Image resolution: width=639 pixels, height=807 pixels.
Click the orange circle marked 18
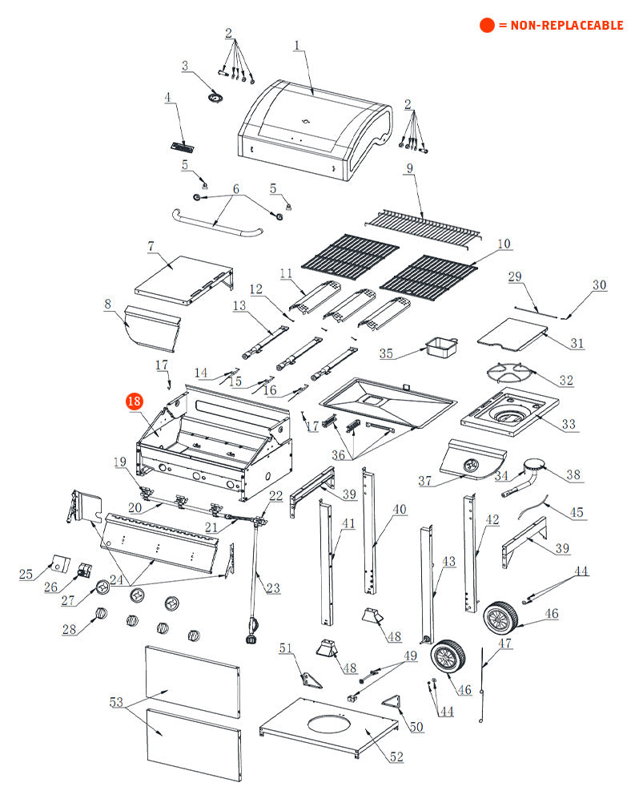[134, 401]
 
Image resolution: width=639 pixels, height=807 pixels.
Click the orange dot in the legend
[487, 25]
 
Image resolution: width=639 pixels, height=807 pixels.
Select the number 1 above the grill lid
[296, 45]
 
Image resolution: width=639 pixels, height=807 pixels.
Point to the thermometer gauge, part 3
[215, 97]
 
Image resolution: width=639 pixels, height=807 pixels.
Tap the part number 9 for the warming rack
[409, 168]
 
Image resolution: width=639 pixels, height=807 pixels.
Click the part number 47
[505, 643]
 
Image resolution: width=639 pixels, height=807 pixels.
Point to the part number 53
[116, 702]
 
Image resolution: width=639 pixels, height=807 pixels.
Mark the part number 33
[568, 424]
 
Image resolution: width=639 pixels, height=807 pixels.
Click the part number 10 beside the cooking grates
[503, 244]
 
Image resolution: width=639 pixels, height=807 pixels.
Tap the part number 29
[515, 277]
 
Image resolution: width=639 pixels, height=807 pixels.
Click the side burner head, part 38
[533, 467]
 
